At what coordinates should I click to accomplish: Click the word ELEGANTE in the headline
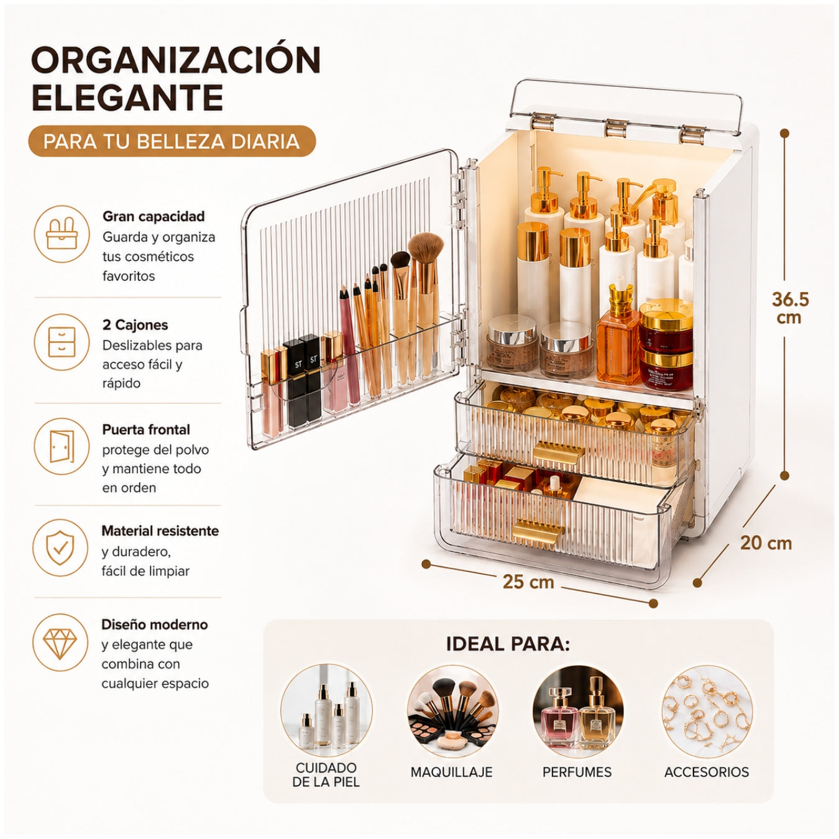tap(127, 98)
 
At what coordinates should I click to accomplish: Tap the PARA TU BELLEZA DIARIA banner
tap(172, 142)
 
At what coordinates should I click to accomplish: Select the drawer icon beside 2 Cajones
tap(62, 342)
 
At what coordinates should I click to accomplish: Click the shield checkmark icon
tap(61, 548)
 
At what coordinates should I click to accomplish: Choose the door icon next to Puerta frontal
tap(62, 447)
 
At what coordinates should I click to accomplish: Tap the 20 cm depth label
tap(766, 543)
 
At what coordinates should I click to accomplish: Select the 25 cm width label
tap(528, 582)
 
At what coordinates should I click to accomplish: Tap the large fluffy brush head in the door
tap(426, 247)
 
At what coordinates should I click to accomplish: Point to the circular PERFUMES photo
tap(578, 712)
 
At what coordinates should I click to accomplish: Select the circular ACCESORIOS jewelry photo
tap(707, 712)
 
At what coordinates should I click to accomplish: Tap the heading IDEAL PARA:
tap(508, 644)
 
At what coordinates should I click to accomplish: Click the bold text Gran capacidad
tap(154, 216)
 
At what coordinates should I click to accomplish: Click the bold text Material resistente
tap(160, 531)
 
